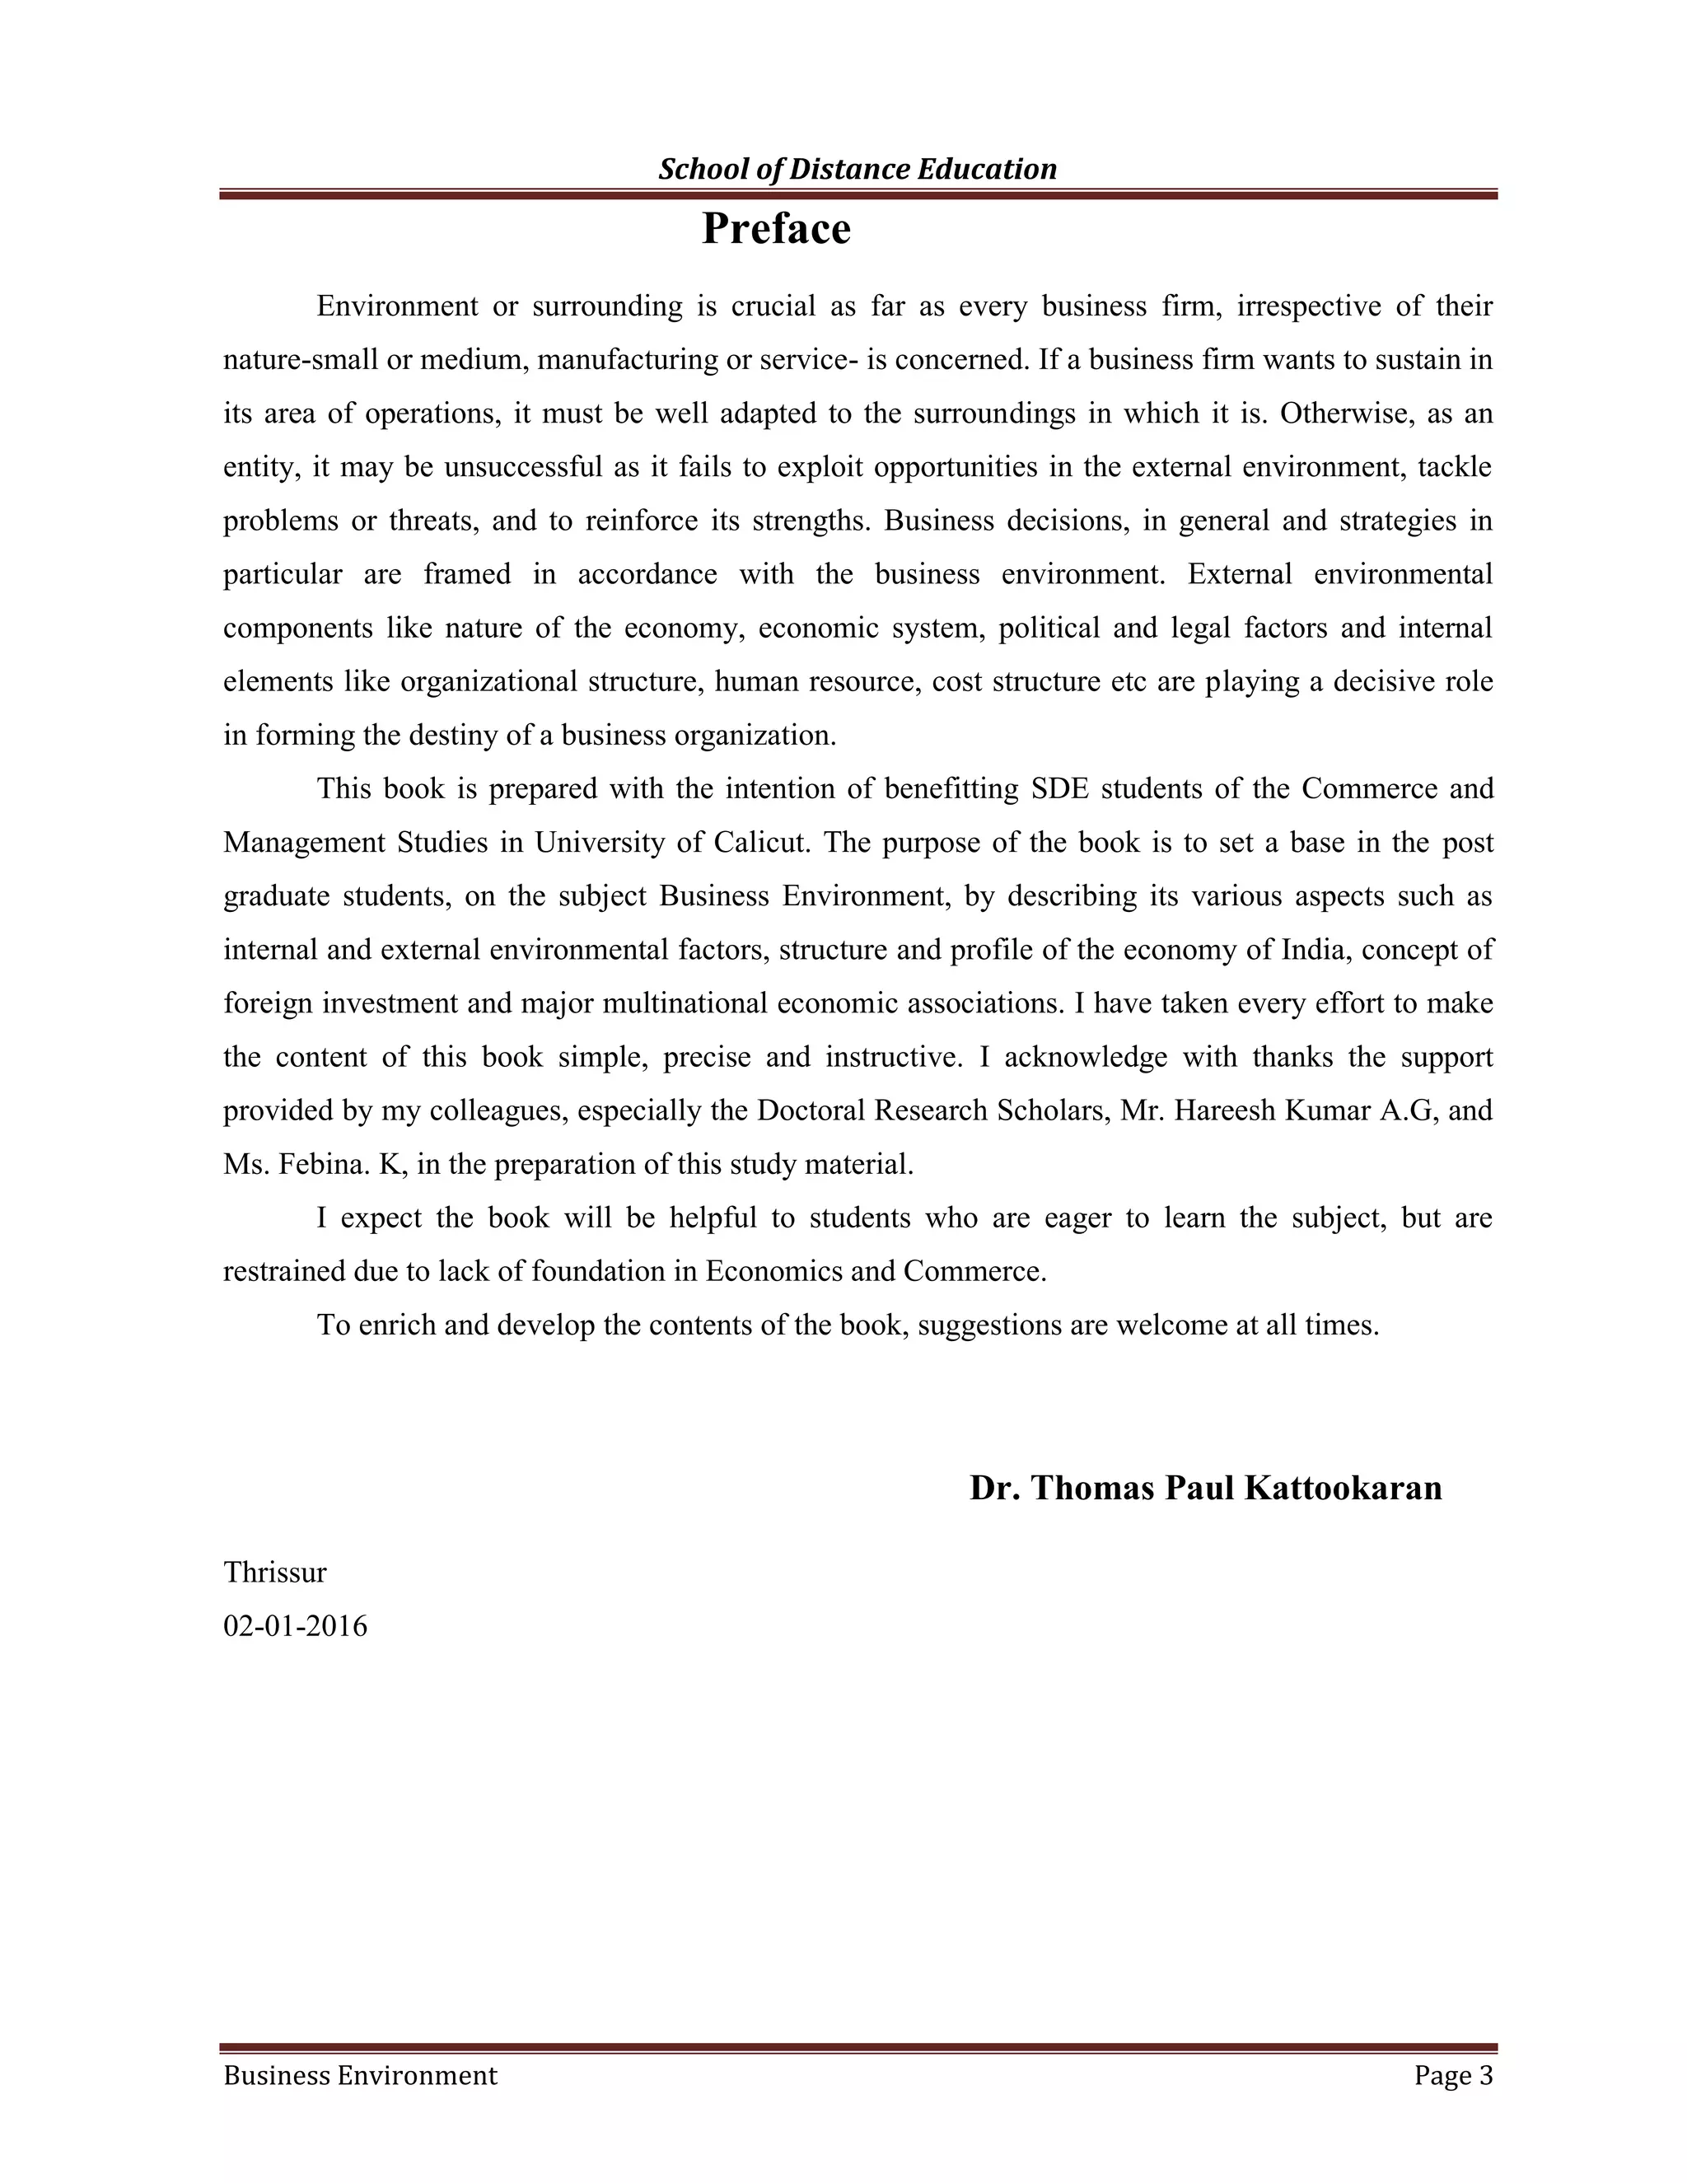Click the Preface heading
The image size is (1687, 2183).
(775, 229)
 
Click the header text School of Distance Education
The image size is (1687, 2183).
(857, 169)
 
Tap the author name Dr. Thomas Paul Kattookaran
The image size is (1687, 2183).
(1205, 1487)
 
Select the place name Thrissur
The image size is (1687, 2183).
(275, 1573)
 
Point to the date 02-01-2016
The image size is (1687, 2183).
(295, 1626)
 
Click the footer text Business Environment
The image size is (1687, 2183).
(360, 2076)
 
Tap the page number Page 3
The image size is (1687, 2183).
(1453, 2076)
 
